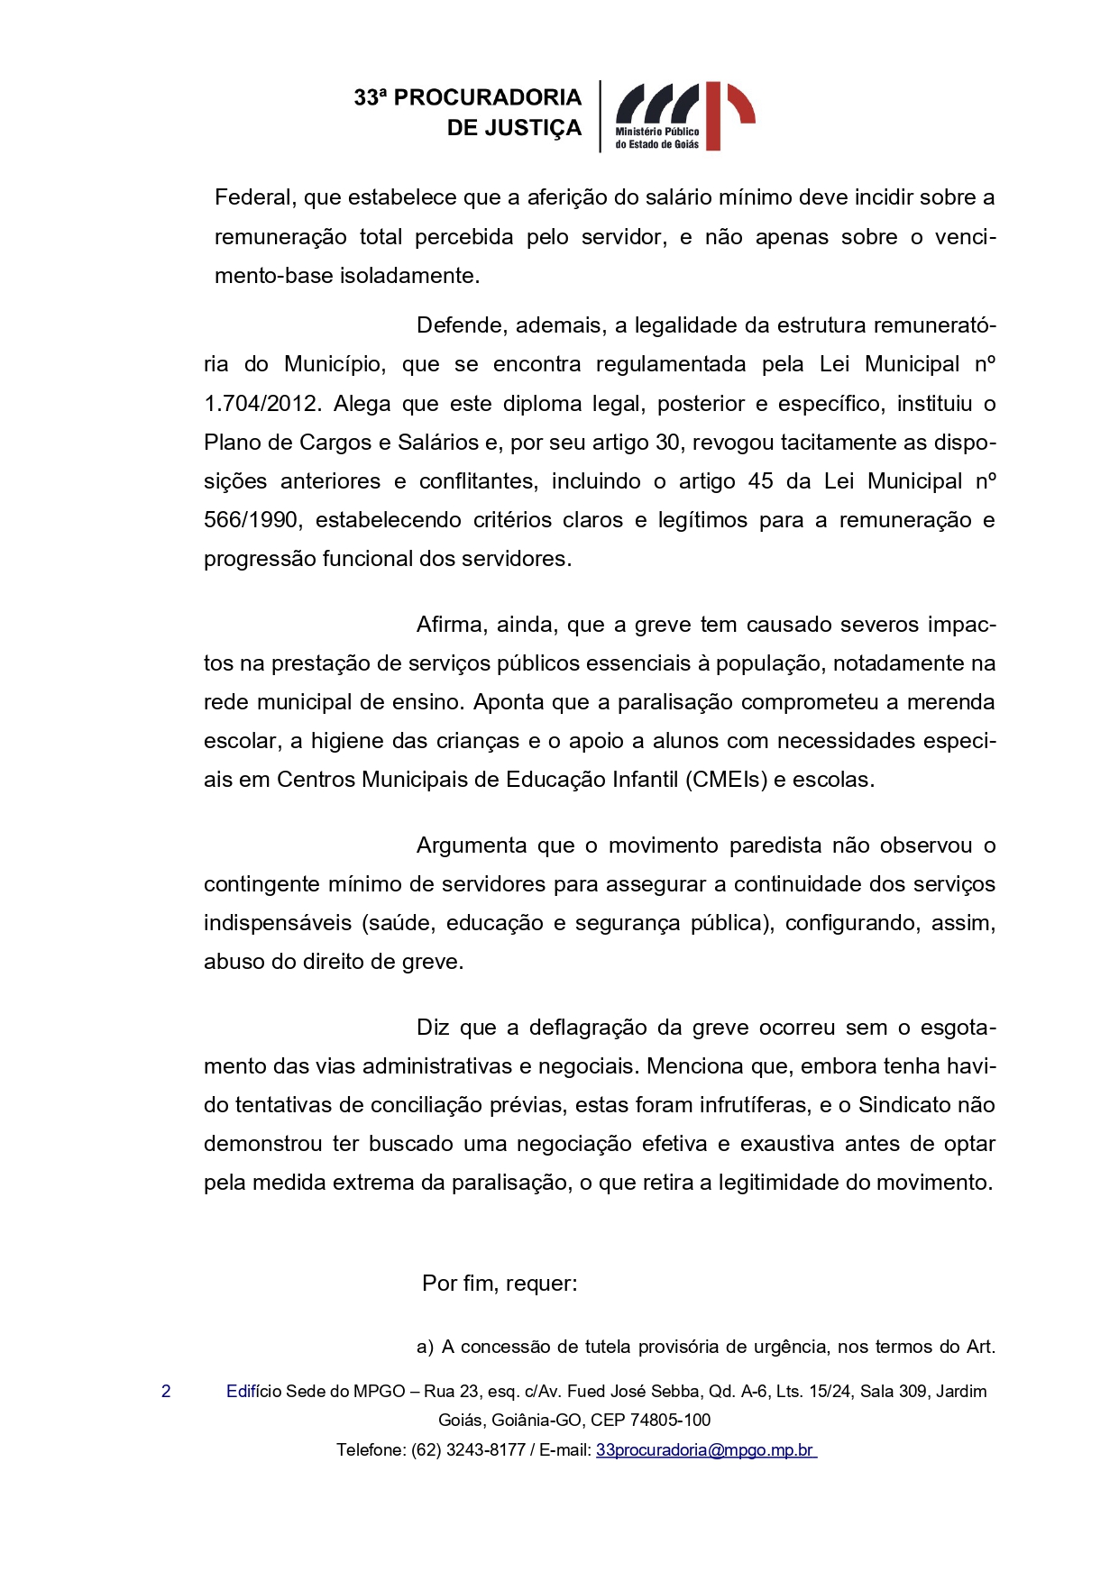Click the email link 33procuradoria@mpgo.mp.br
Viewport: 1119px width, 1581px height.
click(705, 1450)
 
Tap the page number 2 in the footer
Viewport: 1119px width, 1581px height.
click(166, 1391)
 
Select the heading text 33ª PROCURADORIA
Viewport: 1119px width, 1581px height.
click(467, 97)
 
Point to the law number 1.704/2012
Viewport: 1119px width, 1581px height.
click(261, 404)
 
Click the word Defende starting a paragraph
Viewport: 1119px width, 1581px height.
click(459, 325)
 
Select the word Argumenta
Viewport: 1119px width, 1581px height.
click(472, 845)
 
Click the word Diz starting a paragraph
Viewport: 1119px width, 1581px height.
click(432, 1028)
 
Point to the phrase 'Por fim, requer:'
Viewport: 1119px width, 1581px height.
click(500, 1284)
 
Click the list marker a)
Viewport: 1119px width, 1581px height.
click(425, 1347)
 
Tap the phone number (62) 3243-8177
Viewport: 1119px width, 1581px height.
click(468, 1450)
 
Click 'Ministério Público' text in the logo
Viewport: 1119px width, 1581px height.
click(657, 132)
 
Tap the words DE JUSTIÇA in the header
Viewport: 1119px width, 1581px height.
click(514, 128)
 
